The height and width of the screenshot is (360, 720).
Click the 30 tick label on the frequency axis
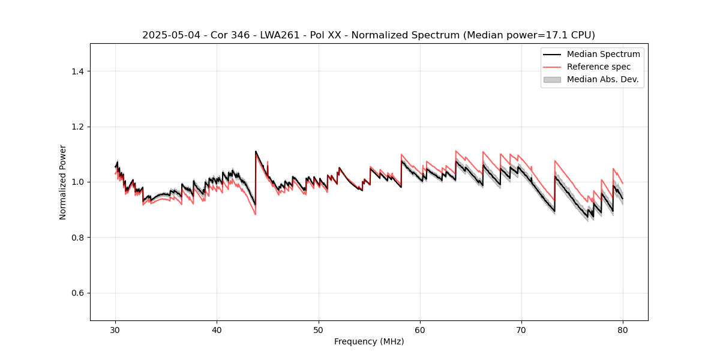pos(115,330)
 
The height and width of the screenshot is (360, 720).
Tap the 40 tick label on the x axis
pos(217,330)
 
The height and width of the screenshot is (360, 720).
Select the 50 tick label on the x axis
pos(318,330)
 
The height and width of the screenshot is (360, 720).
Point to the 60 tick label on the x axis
pos(420,330)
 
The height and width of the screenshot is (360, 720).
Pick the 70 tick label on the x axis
pos(521,330)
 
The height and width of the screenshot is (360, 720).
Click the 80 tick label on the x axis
pos(623,330)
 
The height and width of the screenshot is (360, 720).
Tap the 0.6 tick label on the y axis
pos(77,293)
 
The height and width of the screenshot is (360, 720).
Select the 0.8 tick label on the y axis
pos(77,238)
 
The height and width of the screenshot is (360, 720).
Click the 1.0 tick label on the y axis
pos(77,182)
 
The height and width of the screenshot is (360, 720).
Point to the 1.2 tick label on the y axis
pos(77,127)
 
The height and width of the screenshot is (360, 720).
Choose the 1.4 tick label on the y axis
pos(77,71)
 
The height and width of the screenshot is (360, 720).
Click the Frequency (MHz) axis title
pos(369,341)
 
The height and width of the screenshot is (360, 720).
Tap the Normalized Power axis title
pos(63,182)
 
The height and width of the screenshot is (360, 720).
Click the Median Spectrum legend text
pos(603,54)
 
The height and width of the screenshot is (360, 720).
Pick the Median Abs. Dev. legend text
pos(603,79)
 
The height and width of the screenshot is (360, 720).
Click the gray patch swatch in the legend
pos(552,79)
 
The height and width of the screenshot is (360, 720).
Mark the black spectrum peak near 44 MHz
pos(256,152)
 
